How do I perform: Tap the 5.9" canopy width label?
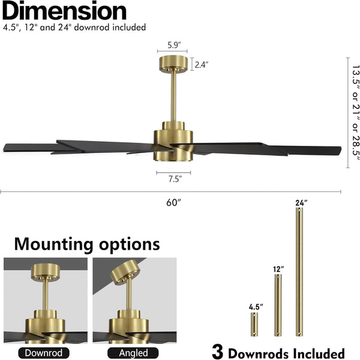[x=174, y=44]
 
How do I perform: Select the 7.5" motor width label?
[x=175, y=178]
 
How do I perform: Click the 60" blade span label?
[x=173, y=203]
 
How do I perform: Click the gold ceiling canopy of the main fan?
[x=174, y=62]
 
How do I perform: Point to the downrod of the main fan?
[x=174, y=96]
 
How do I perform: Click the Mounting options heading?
[x=87, y=244]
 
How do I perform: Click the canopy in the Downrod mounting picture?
[x=44, y=273]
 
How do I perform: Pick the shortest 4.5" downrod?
[x=255, y=324]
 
